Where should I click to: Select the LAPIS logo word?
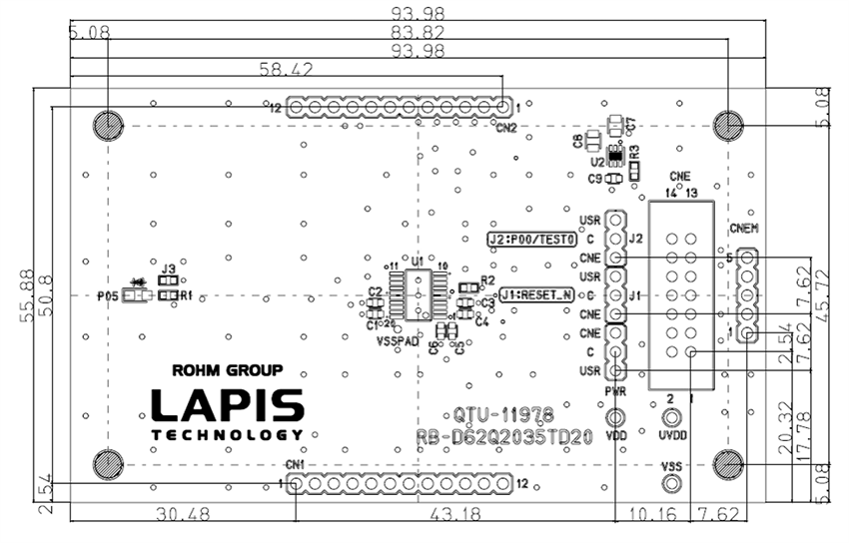228,405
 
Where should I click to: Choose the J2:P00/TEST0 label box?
533,240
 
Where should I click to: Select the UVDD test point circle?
673,418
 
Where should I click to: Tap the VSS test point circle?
673,484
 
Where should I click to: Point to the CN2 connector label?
506,128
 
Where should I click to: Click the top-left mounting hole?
107,125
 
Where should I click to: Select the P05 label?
107,295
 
